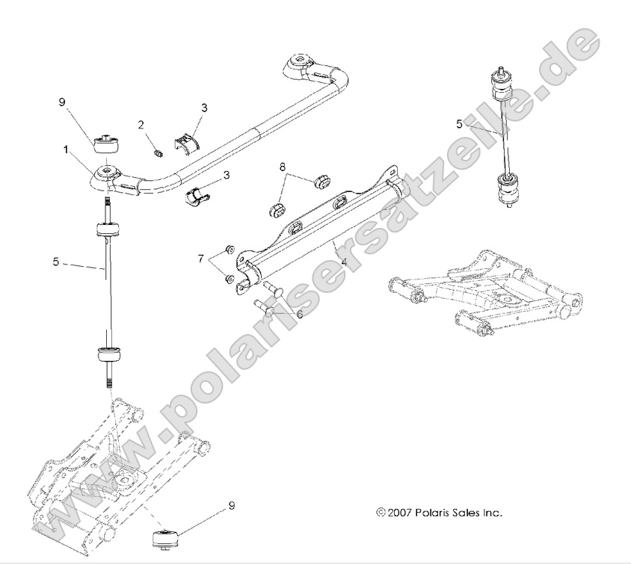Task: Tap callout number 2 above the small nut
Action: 141,124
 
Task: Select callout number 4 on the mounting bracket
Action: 343,263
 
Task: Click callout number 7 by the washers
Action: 200,259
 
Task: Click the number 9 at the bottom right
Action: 231,505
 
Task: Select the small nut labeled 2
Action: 158,153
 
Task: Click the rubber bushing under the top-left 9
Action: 105,140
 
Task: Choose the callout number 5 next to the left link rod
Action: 55,262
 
